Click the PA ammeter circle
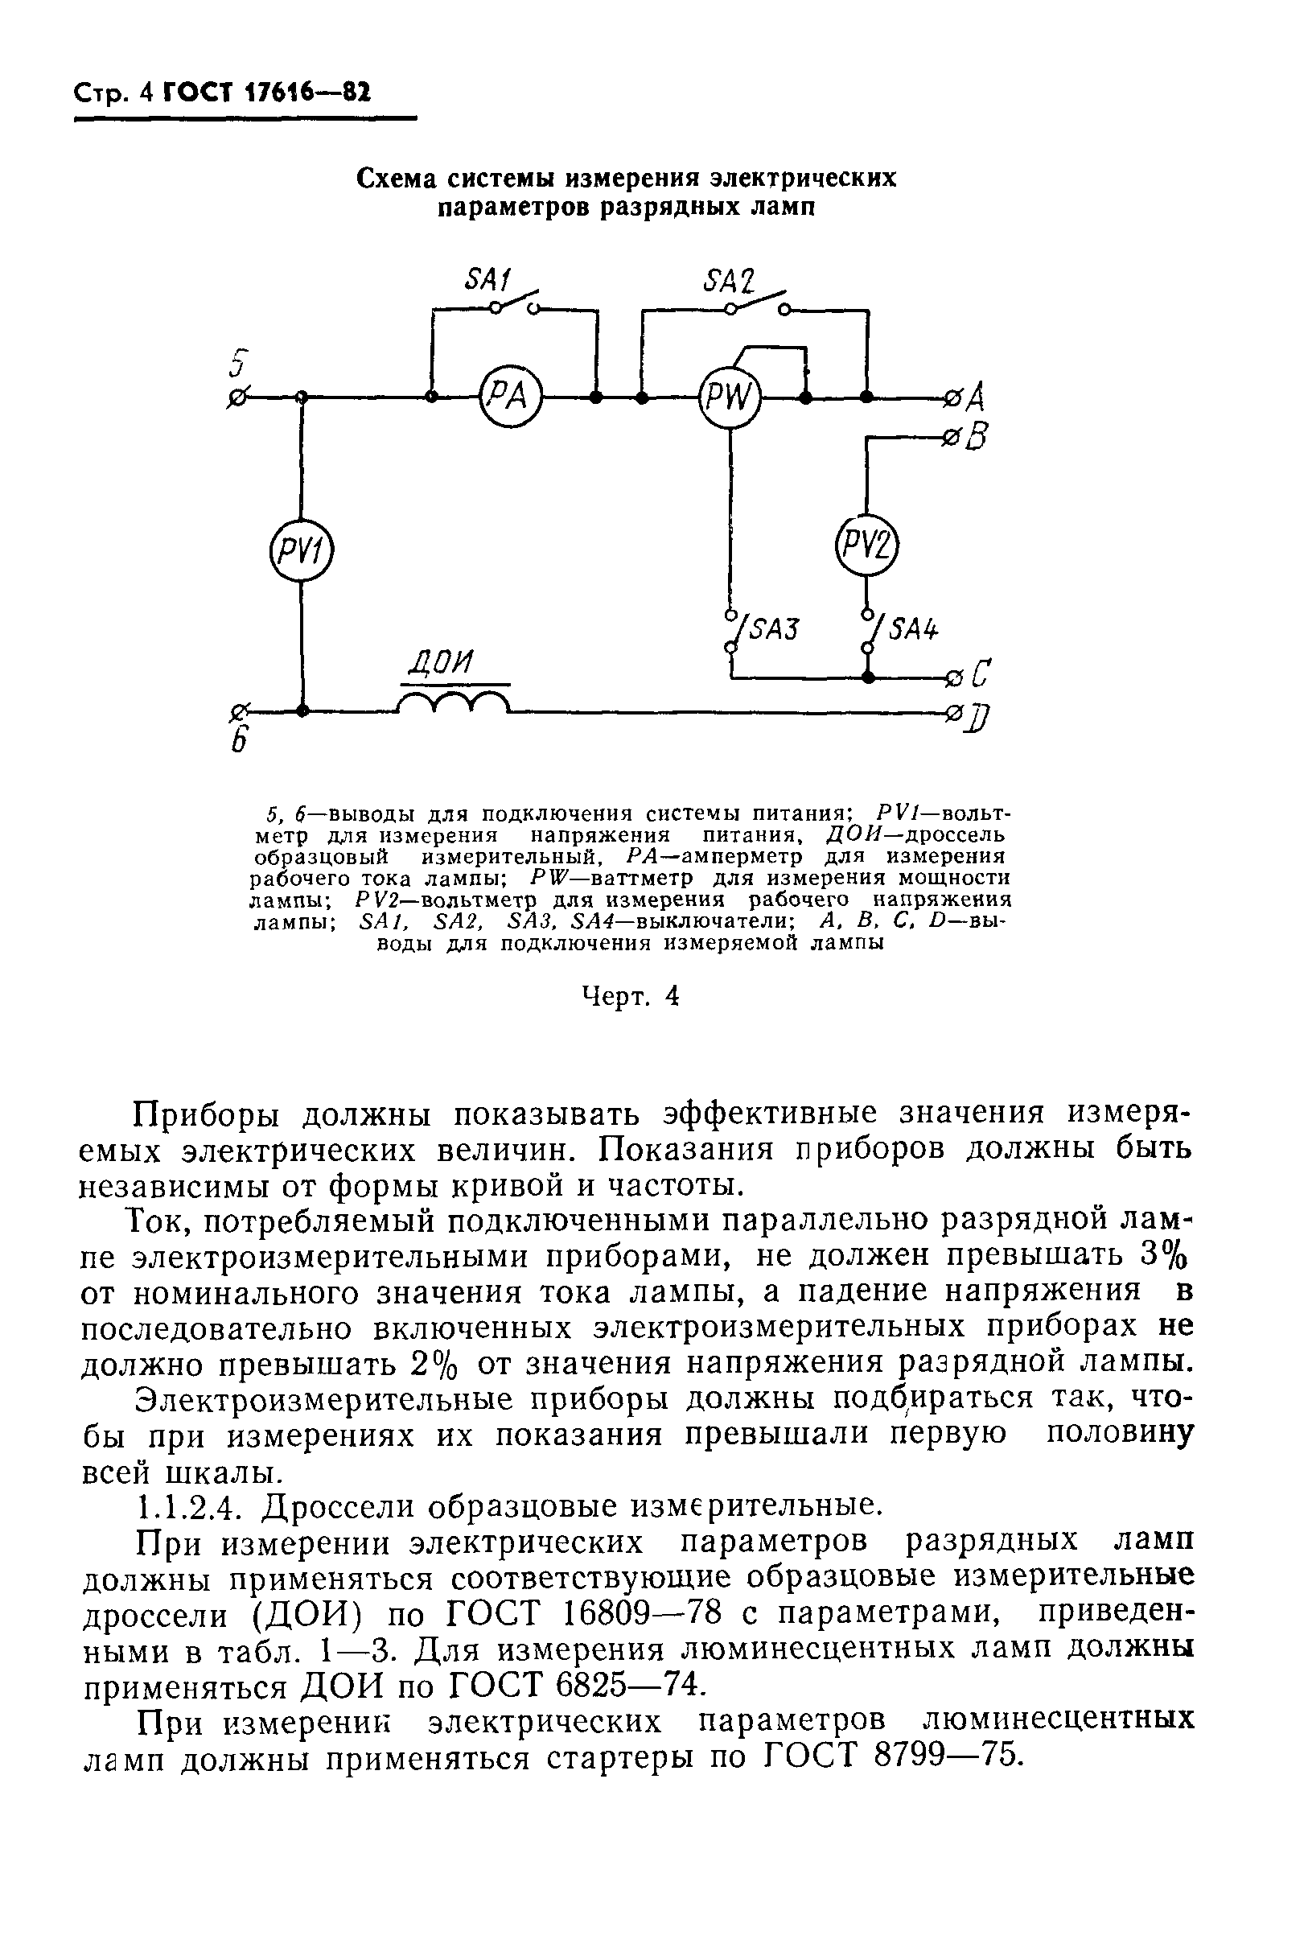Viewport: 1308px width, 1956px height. click(x=510, y=397)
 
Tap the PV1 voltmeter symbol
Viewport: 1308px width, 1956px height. click(x=301, y=551)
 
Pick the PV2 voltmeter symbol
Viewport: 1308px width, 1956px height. click(x=867, y=546)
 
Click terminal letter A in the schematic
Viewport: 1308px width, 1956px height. click(x=975, y=397)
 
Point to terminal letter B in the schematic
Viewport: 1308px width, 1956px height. click(x=977, y=437)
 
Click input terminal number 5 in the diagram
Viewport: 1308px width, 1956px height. click(x=241, y=364)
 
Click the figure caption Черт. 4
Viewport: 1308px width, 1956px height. click(x=631, y=997)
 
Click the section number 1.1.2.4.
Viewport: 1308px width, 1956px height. click(x=190, y=1505)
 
